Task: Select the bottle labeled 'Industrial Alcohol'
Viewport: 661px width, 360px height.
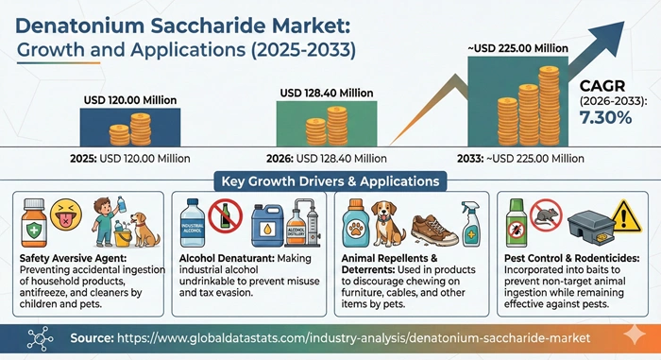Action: pyautogui.click(x=199, y=225)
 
